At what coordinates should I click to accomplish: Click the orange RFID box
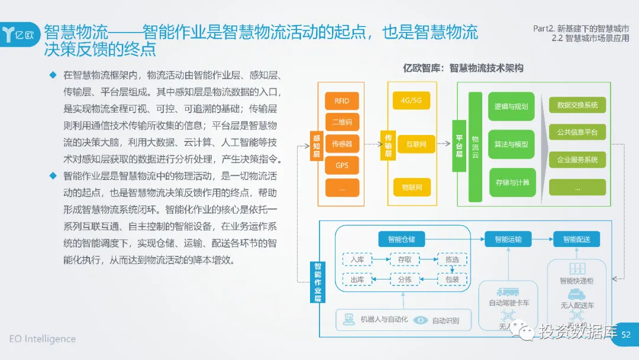coord(342,101)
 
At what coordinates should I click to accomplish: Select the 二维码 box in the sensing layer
coord(342,122)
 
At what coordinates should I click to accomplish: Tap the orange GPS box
coord(342,165)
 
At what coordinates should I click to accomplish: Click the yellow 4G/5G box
coord(411,100)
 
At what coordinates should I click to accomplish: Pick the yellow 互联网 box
coord(411,144)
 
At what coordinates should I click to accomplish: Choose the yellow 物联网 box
coord(411,188)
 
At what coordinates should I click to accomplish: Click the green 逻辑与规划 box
coord(511,107)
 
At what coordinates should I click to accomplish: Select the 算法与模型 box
coord(511,144)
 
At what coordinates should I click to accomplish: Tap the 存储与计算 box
coord(511,182)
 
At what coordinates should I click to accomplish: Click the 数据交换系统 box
coord(577,105)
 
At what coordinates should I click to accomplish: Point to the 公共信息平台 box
coord(577,133)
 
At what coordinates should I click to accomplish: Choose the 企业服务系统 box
coord(577,160)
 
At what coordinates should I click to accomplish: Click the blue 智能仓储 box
coord(402,240)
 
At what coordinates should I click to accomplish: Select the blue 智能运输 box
coord(508,240)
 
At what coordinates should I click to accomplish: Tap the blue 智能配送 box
coord(576,240)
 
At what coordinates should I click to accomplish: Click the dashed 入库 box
coord(357,259)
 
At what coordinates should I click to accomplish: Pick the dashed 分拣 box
coord(404,279)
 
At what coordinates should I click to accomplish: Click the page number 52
coord(626,336)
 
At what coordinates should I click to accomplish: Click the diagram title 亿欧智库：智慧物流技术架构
coord(463,68)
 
